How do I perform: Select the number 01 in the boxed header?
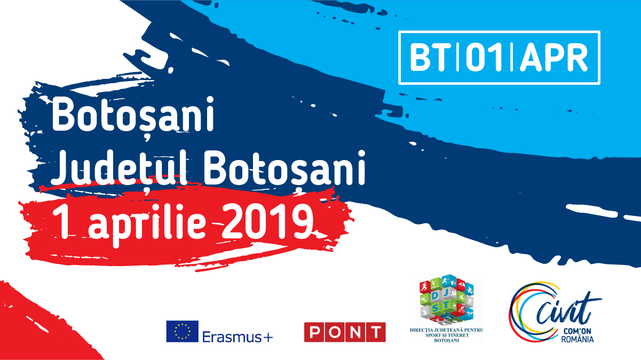484,57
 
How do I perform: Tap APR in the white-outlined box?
553,57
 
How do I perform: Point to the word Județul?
120,168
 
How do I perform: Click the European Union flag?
183,331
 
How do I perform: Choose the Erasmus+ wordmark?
238,337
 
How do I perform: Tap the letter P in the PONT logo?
314,332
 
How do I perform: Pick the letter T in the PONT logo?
376,332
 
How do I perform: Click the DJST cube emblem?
446,300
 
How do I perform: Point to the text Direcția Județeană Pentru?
446,330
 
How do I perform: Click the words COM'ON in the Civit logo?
577,331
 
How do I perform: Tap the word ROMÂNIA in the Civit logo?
577,339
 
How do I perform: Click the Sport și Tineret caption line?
447,335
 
